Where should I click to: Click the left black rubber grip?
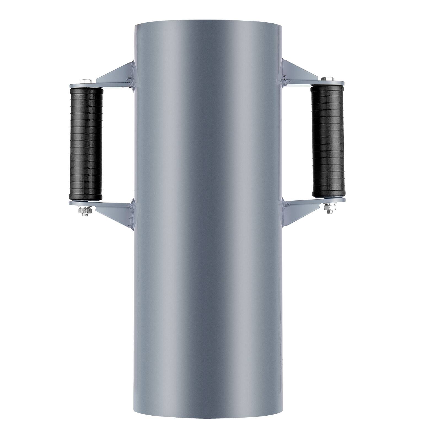pos(86,143)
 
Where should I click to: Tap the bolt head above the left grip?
pos(85,81)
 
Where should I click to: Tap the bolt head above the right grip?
pos(327,79)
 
